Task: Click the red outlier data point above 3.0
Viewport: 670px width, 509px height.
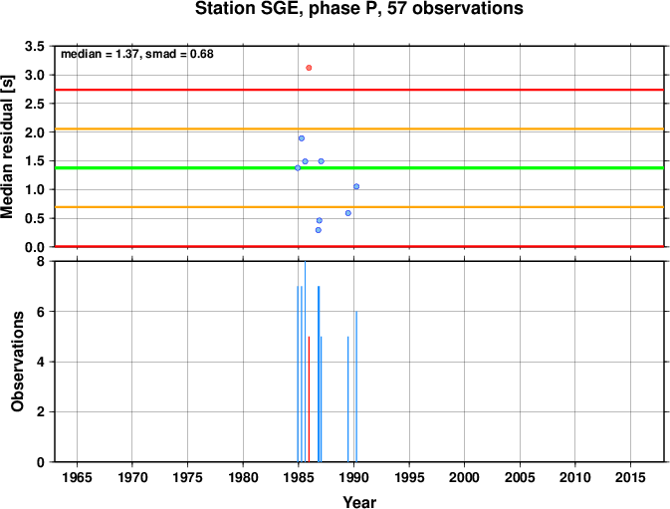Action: click(x=309, y=68)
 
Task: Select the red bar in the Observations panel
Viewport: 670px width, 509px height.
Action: click(x=309, y=399)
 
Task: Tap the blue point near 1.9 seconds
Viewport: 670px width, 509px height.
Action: click(x=302, y=138)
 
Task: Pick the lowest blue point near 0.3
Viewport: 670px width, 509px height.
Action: click(x=319, y=230)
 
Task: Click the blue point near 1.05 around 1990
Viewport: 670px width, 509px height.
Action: click(x=356, y=186)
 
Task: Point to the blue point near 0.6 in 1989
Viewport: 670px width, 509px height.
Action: click(x=348, y=213)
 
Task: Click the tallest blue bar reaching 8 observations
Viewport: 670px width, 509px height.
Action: click(x=305, y=362)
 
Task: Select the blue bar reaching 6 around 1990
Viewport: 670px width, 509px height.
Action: click(x=356, y=386)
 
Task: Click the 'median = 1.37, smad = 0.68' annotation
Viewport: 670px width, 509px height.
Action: click(x=137, y=54)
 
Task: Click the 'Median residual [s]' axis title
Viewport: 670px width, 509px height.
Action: click(x=8, y=146)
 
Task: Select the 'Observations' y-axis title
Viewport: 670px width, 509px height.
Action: click(x=18, y=362)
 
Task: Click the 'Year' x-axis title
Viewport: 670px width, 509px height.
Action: click(x=359, y=502)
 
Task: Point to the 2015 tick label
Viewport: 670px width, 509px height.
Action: click(x=630, y=477)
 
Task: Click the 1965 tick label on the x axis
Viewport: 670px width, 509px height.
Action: click(x=77, y=477)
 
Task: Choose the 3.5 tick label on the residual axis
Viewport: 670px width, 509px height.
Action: click(x=35, y=46)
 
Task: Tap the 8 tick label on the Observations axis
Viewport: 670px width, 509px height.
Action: click(x=41, y=261)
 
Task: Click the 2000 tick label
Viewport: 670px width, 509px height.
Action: click(x=465, y=477)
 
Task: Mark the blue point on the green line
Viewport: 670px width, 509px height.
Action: click(x=298, y=168)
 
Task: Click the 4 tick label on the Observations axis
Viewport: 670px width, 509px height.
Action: click(x=41, y=362)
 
